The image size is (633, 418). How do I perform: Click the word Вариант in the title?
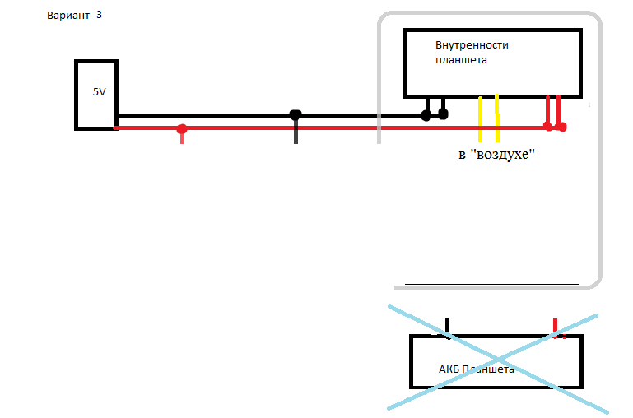click(69, 16)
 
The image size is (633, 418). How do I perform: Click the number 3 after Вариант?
click(100, 15)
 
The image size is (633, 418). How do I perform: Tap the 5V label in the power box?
click(99, 92)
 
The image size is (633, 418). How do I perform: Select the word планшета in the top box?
click(461, 60)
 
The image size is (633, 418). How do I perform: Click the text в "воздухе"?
click(496, 155)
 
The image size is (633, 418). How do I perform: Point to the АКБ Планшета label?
click(477, 369)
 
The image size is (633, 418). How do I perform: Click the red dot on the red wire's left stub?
click(182, 129)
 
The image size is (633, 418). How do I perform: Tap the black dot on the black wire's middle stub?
click(296, 115)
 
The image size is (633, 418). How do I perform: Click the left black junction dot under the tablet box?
click(426, 116)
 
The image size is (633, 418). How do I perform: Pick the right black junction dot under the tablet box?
click(443, 114)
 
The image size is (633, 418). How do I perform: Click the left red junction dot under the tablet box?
click(548, 126)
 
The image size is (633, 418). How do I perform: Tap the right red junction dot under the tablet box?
click(562, 127)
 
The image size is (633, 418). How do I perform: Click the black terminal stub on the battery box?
click(447, 327)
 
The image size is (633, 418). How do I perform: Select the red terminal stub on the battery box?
click(555, 327)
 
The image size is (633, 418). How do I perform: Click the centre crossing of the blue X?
click(499, 359)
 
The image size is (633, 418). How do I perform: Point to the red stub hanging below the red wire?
click(182, 138)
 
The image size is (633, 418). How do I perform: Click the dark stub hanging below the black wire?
click(296, 133)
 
